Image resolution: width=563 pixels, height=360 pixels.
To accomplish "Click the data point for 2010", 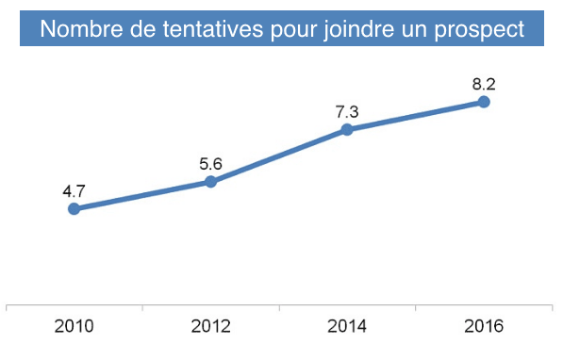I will tap(74, 209).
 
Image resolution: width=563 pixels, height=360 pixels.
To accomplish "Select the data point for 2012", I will tap(210, 181).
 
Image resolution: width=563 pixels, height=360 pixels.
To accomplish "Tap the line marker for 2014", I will tap(347, 129).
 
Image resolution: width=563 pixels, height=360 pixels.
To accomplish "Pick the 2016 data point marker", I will tap(484, 102).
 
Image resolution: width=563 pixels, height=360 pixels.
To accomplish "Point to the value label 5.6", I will tap(210, 163).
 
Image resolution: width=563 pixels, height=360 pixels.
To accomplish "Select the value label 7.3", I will tap(347, 111).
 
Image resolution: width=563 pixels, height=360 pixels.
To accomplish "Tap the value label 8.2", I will tap(484, 84).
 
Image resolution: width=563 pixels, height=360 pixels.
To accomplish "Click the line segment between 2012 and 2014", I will tap(278, 155).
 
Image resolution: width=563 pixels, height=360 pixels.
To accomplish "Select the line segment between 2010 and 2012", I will tap(141, 195).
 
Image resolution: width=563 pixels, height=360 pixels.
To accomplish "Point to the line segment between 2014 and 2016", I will tap(415, 116).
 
